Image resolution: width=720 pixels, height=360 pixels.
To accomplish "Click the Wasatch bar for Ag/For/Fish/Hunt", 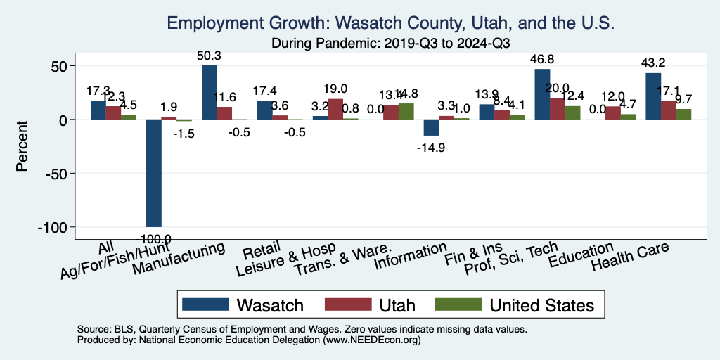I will pos(154,173).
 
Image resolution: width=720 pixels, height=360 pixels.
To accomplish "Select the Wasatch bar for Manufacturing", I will pos(210,92).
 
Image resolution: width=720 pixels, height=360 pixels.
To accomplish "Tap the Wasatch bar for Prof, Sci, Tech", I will pos(542,94).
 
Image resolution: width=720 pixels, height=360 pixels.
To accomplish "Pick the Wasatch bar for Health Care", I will pos(653,96).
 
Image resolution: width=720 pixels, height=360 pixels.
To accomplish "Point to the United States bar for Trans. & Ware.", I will pos(406,112).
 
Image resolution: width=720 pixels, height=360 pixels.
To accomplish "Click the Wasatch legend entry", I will pos(243,304).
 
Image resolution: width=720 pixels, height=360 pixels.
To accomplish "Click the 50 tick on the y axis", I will pos(61,66).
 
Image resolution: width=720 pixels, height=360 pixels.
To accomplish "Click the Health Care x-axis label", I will pos(629,257).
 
